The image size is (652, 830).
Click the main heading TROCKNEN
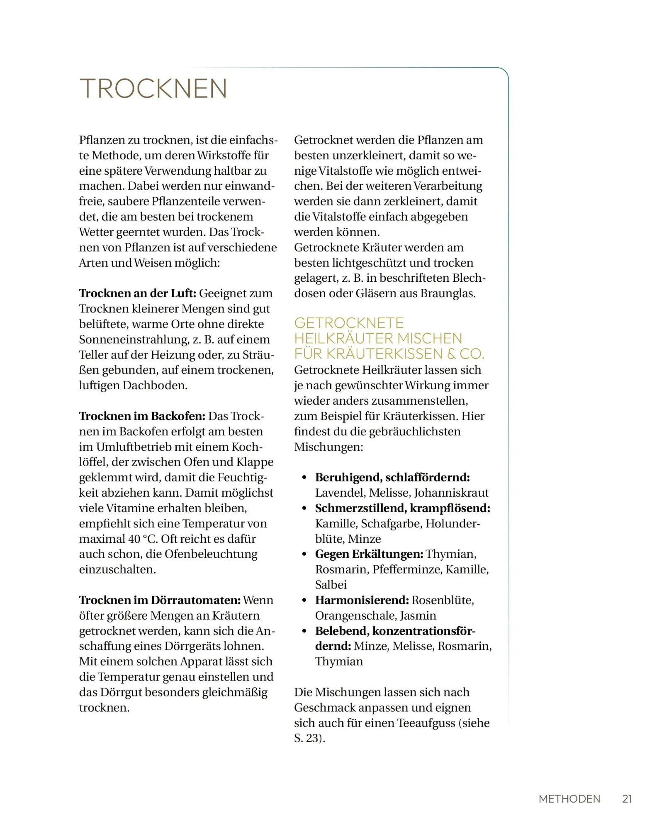tap(153, 88)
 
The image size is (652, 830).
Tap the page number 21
tap(627, 799)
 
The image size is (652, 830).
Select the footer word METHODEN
tap(569, 799)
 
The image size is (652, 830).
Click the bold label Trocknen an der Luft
tap(137, 293)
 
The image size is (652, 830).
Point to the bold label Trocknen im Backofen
tap(142, 416)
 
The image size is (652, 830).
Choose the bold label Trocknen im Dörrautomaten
tap(160, 601)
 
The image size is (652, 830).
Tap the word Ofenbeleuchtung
tap(211, 554)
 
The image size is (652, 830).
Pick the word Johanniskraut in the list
tap(451, 493)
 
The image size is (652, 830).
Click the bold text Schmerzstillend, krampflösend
tap(402, 508)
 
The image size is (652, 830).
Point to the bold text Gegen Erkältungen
tap(369, 554)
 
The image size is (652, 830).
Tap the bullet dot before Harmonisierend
tap(304, 601)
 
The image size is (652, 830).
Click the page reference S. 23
tap(308, 739)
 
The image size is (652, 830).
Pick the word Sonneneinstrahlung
tap(134, 339)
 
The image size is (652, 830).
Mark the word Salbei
tap(331, 585)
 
